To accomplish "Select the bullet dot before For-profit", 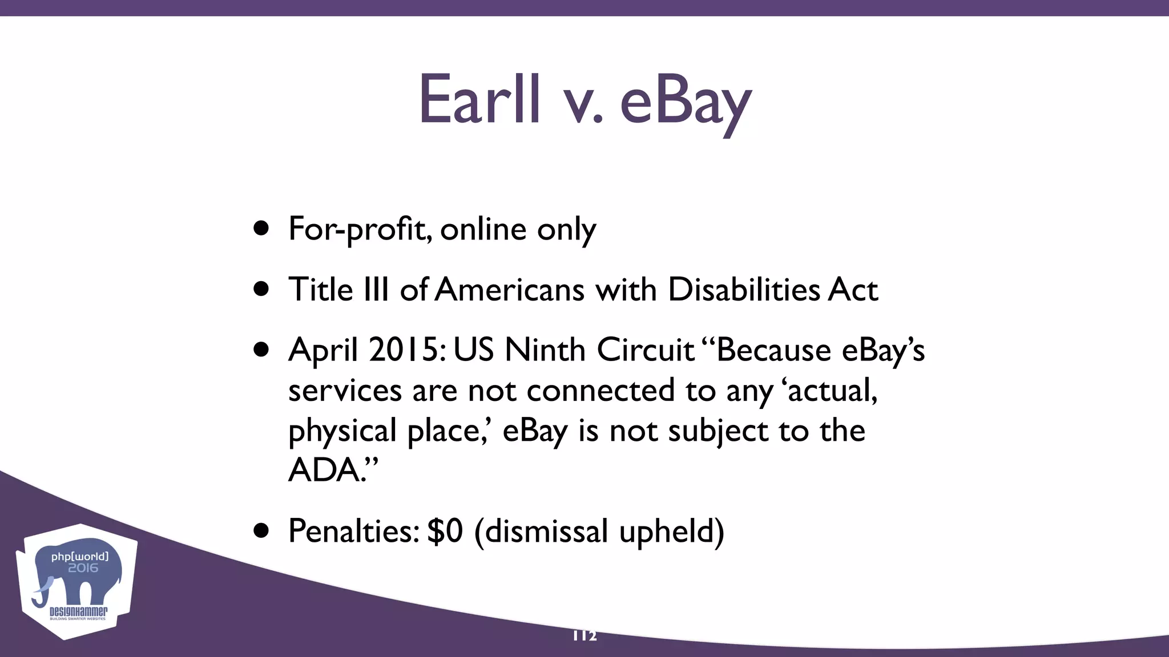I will coord(261,229).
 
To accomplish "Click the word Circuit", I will coord(646,350).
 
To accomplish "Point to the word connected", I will coord(600,391).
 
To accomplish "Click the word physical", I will coord(342,431).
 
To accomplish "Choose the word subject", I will coord(717,431).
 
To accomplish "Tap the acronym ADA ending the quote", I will coord(324,471).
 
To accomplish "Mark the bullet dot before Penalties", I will coord(261,531).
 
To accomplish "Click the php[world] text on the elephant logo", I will coord(80,557).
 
